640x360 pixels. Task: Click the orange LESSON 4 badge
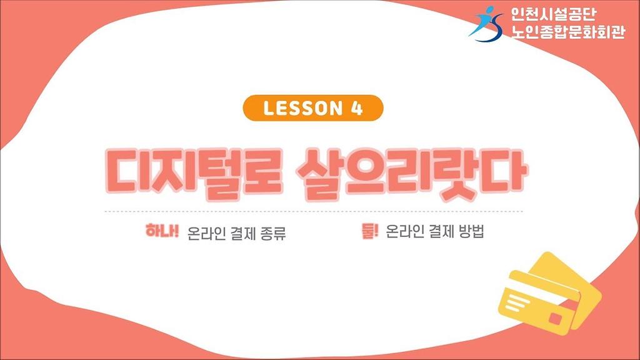[313, 108]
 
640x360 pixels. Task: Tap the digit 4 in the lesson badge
[356, 109]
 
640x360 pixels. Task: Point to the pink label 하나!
[162, 231]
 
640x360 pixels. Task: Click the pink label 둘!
[370, 231]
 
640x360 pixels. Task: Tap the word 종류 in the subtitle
[272, 234]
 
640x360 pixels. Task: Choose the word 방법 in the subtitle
[471, 231]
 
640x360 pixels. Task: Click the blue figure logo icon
[486, 24]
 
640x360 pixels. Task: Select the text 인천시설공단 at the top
[553, 14]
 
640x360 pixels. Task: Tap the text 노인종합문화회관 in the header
[567, 31]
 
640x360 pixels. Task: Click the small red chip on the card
[556, 317]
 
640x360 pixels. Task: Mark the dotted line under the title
[314, 211]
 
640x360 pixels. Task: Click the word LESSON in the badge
[303, 109]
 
